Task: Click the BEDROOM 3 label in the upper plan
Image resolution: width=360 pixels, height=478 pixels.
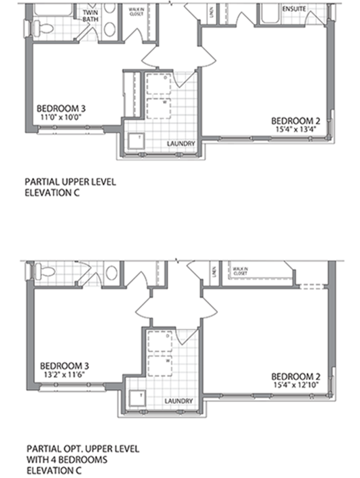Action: pos(61,108)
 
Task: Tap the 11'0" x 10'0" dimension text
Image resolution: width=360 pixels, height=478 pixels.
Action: pos(61,117)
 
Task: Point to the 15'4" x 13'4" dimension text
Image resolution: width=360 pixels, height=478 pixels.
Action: pos(296,128)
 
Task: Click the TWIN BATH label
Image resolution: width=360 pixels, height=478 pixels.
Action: pos(91,16)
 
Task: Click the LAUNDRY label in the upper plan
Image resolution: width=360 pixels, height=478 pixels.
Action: pos(181,143)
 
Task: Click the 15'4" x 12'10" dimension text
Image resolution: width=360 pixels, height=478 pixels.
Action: pos(296,385)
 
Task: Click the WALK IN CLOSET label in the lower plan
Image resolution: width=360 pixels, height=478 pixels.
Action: pos(239,270)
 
